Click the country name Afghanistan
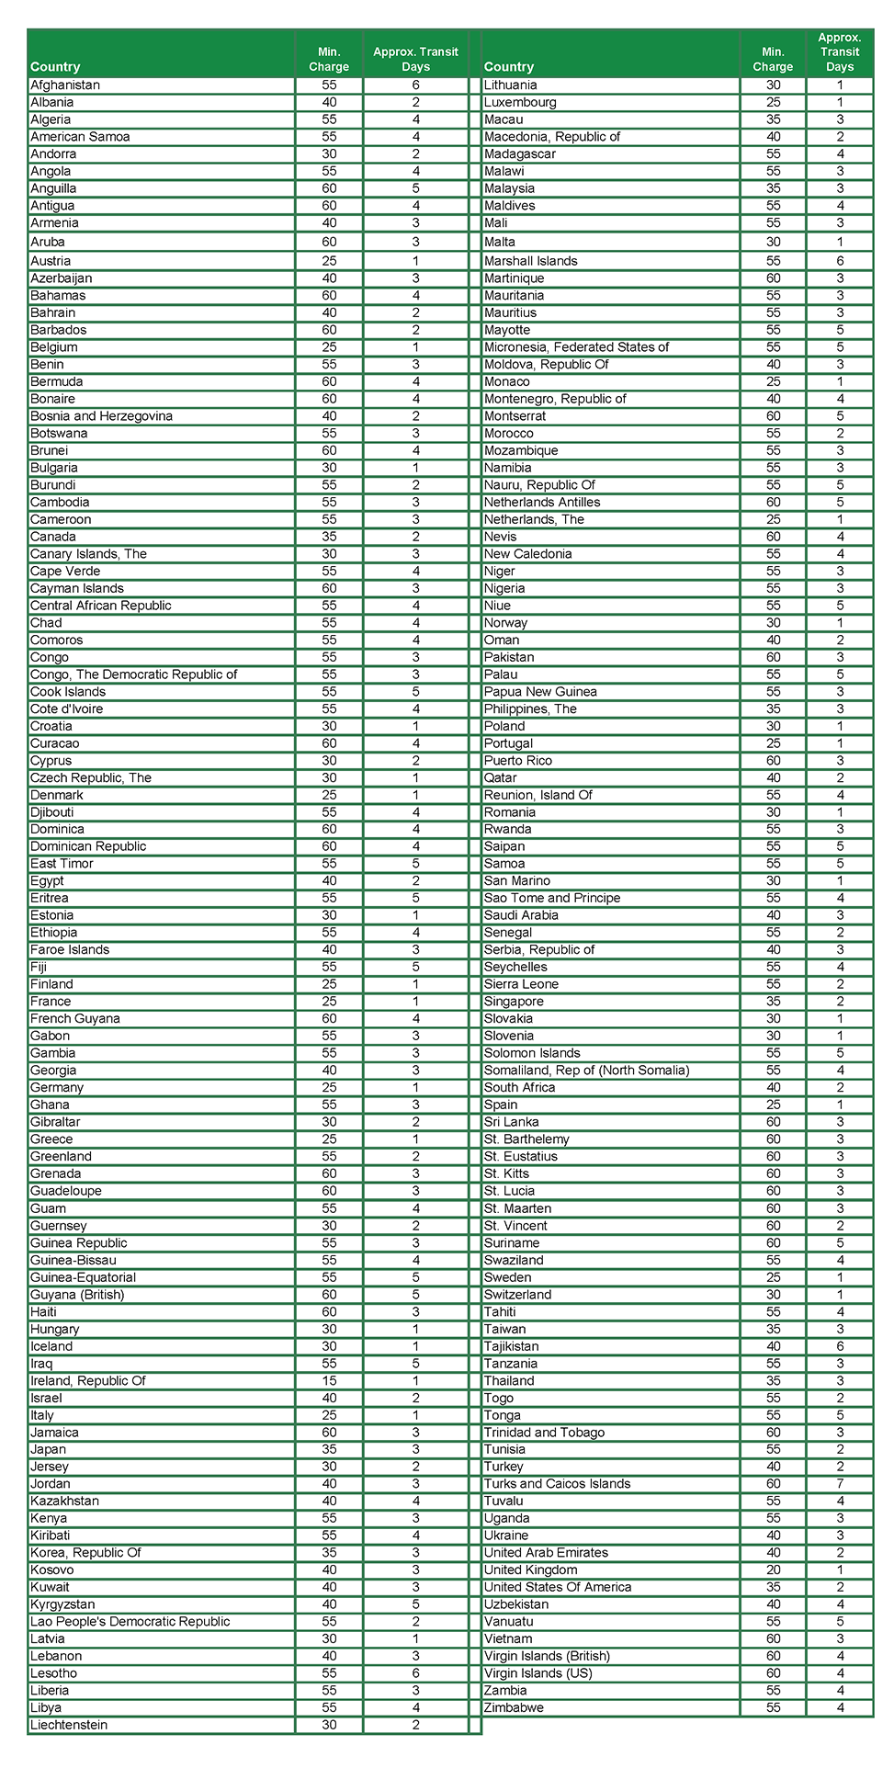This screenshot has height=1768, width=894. [x=65, y=85]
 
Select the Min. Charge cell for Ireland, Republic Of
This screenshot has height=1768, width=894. [x=329, y=1381]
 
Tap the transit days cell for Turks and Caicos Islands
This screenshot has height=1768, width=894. [x=839, y=1484]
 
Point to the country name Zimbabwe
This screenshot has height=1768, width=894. [x=514, y=1708]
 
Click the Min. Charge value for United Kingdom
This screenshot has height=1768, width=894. [x=773, y=1570]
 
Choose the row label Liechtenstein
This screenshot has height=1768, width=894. [x=69, y=1726]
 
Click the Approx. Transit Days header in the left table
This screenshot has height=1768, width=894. [x=415, y=60]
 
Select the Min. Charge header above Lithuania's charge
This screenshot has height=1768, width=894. [x=773, y=60]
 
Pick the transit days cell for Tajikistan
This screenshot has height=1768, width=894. [x=839, y=1347]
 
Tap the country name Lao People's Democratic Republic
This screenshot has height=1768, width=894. [x=130, y=1622]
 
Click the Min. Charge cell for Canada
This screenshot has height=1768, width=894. [x=329, y=538]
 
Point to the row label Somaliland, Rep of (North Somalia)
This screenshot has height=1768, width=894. [x=586, y=1071]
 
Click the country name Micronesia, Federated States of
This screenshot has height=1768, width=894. [x=576, y=347]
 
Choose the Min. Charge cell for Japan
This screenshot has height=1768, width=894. [x=329, y=1450]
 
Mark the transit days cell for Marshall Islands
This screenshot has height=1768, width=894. [x=839, y=261]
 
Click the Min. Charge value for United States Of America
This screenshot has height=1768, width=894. [x=773, y=1588]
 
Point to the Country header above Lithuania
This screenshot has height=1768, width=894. [x=508, y=67]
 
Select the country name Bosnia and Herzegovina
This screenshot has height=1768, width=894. [x=101, y=416]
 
